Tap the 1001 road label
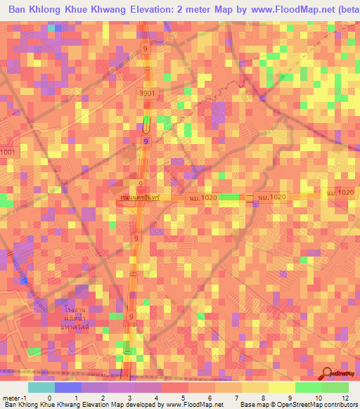pyautogui.click(x=8, y=152)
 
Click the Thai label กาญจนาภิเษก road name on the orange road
pyautogui.click(x=141, y=199)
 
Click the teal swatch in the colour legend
pyautogui.click(x=41, y=387)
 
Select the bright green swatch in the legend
pyautogui.click(x=308, y=387)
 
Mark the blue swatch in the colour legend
pyautogui.click(x=67, y=387)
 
